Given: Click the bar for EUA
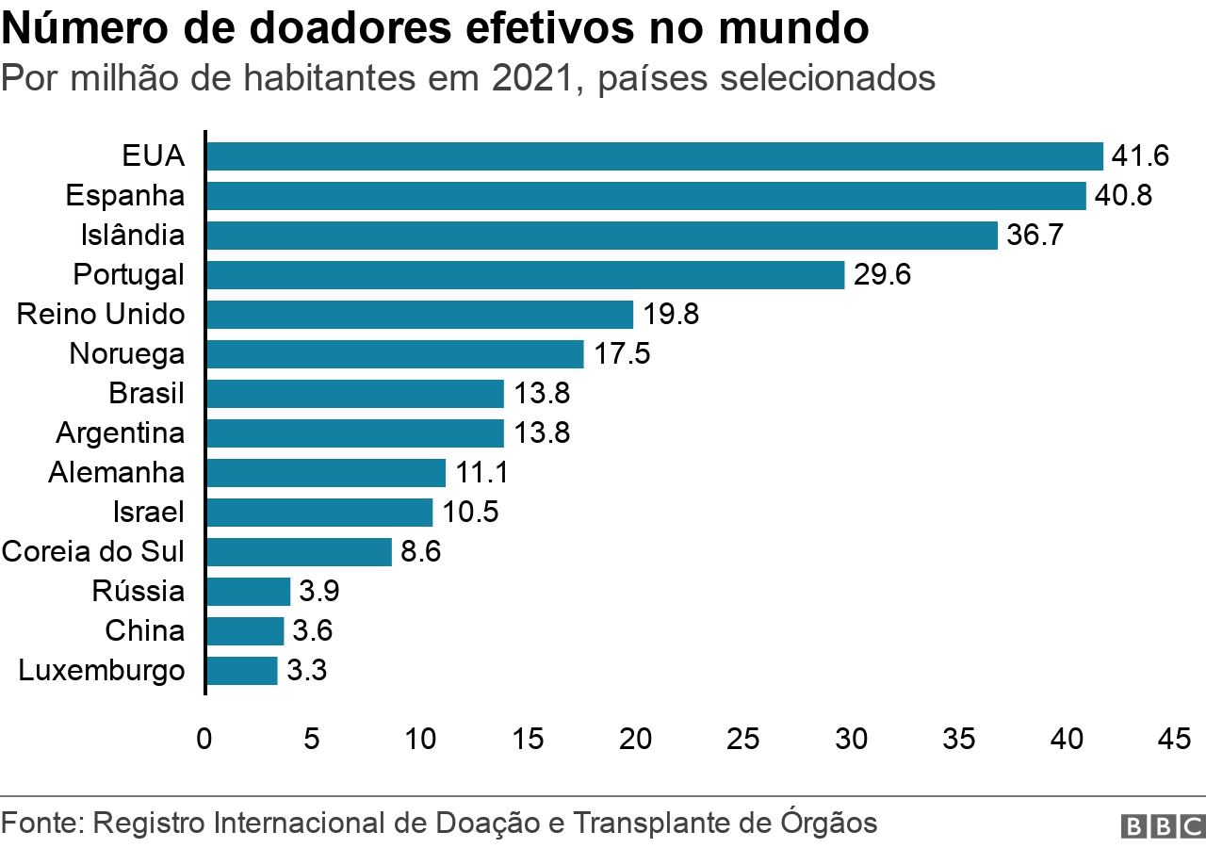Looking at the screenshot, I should tap(654, 156).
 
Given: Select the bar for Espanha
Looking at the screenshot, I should tap(645, 196).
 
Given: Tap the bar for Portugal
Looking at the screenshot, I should tap(525, 275).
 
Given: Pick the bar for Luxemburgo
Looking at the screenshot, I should tap(241, 671).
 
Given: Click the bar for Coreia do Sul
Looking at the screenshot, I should tap(299, 552).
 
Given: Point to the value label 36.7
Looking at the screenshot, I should tap(1035, 236).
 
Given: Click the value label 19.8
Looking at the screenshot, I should tap(671, 315).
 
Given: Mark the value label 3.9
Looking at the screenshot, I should tap(319, 592).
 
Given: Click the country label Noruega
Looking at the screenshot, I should tap(126, 354).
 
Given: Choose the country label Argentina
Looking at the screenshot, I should tap(120, 433).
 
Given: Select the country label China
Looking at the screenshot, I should tap(144, 631).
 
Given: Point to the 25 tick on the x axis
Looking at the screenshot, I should tap(744, 740).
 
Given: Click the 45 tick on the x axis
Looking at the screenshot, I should tap(1174, 740).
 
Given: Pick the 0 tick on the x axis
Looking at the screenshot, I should tap(204, 740).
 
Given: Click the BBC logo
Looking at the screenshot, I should tap(1162, 825).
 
